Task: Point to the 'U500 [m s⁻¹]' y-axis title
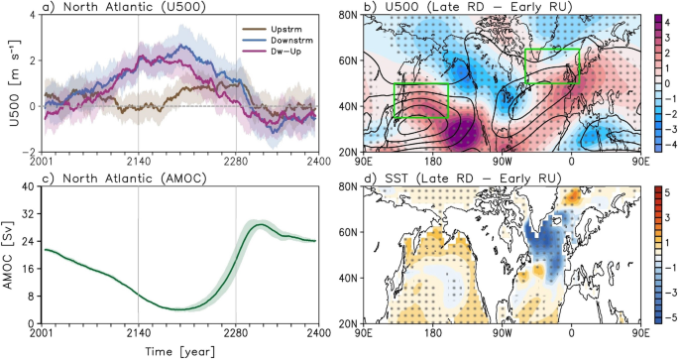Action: pos(10,82)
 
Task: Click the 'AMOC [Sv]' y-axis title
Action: pos(10,254)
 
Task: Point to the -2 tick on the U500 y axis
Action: pos(30,151)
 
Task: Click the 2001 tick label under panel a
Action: pos(43,163)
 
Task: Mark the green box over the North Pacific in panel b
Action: pos(421,100)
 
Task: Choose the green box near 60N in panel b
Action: pos(552,65)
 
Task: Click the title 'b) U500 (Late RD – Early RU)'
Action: pos(466,7)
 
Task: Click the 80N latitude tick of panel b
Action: pos(347,15)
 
